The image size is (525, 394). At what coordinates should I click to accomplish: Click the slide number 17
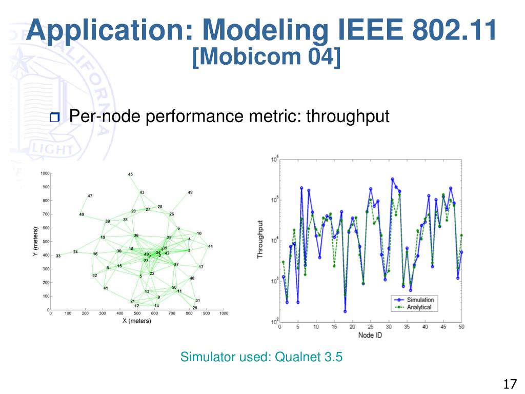509,384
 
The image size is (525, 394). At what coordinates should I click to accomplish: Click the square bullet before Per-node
55,118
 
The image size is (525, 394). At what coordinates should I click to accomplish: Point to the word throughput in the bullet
348,116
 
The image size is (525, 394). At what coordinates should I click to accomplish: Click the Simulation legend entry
420,300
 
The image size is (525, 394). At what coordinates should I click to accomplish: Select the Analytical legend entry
419,307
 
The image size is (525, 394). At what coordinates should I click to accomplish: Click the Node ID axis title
370,335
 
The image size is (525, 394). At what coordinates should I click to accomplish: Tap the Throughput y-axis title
260,239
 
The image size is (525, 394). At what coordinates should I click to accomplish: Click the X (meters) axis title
136,321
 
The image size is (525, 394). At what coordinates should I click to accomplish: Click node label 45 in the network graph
130,174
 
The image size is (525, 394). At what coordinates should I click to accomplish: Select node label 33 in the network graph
58,255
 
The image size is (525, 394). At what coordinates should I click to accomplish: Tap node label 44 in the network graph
210,247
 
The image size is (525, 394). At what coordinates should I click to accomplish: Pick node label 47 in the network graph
90,196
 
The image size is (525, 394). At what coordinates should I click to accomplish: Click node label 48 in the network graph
190,192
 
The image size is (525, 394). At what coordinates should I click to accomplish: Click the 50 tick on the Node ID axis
461,326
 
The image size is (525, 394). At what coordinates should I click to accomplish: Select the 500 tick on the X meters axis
137,312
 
